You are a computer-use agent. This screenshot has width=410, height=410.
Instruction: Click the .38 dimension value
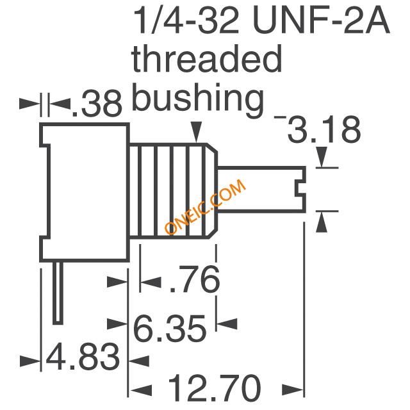coord(97,104)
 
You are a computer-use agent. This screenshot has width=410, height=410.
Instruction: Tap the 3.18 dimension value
coord(324,129)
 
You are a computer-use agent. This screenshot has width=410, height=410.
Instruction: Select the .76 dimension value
coord(195,279)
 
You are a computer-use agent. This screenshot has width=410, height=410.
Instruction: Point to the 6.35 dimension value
coord(170,328)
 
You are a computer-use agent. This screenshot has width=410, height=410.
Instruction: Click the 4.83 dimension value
coord(83,357)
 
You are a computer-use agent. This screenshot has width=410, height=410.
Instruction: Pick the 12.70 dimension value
coord(215,388)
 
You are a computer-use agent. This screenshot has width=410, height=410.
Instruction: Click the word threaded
coord(207,59)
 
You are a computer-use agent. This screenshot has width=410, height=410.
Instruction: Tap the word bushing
coord(198,99)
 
